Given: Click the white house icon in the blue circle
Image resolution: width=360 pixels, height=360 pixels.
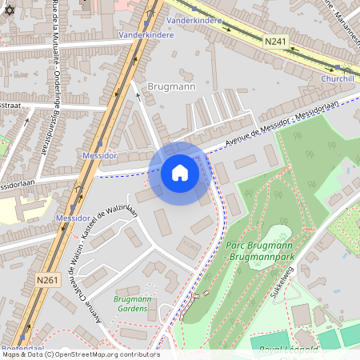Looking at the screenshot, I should click(180, 173).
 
